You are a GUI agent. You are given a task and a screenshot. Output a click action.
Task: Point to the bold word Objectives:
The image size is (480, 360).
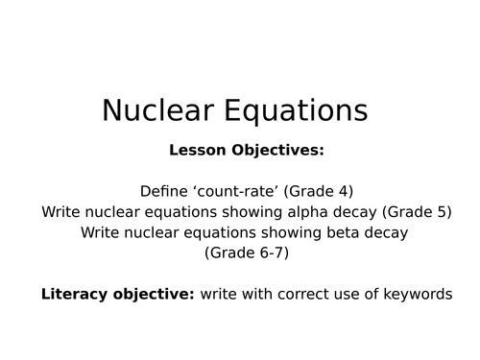(x=273, y=151)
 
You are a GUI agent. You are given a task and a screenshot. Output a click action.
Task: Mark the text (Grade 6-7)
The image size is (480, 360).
(x=246, y=254)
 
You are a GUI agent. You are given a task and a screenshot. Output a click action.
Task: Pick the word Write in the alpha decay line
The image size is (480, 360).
(x=62, y=212)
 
